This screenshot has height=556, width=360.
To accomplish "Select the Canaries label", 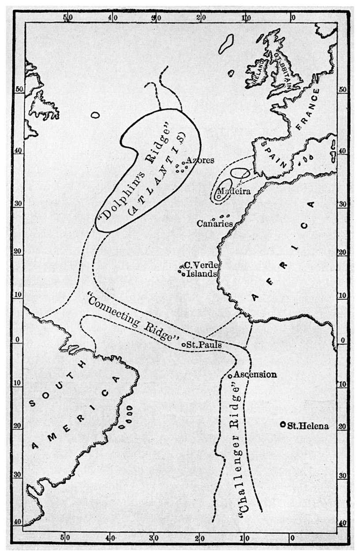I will tap(214, 224).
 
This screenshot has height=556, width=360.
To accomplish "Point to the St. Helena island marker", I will tap(283, 425).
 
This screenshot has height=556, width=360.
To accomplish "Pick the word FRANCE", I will tap(307, 109).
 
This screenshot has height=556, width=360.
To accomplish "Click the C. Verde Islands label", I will tap(201, 270).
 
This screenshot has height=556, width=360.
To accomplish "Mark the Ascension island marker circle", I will tap(230, 376).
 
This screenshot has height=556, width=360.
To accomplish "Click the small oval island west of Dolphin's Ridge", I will tap(95, 115).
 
